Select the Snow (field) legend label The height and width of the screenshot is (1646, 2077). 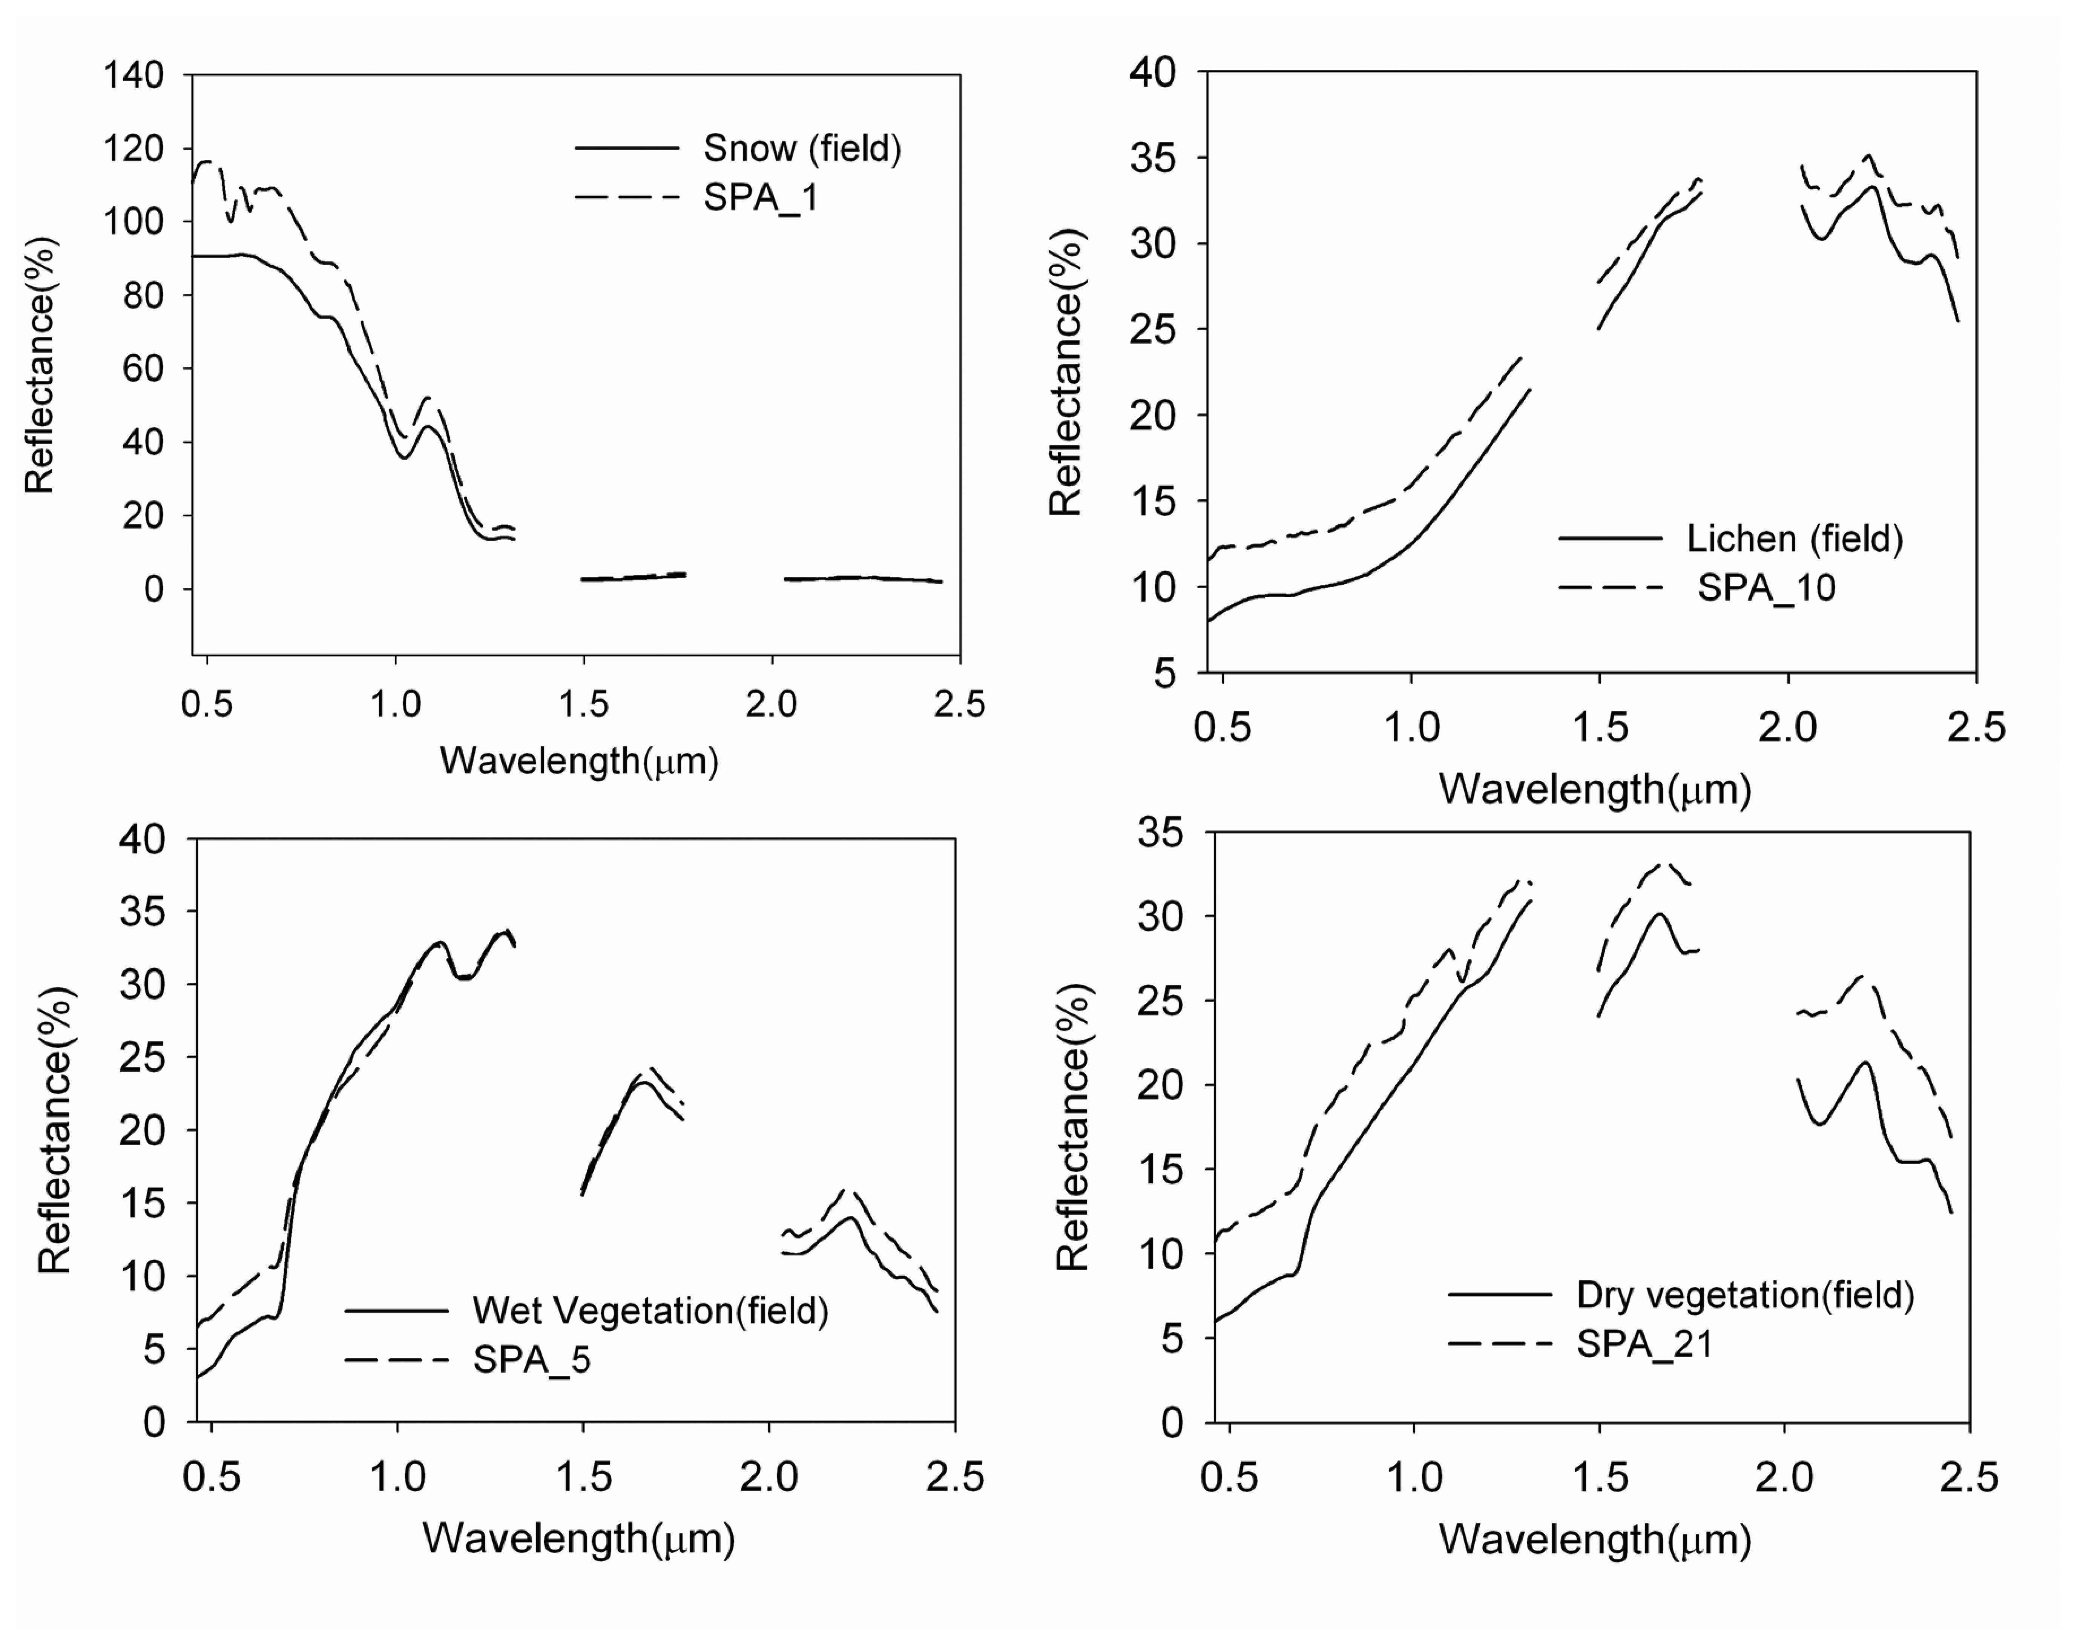802,148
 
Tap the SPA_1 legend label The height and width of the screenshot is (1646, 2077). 760,198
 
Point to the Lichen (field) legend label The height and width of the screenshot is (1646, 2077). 1794,538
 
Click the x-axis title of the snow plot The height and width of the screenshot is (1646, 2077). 579,761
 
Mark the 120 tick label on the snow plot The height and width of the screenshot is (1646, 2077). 133,148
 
